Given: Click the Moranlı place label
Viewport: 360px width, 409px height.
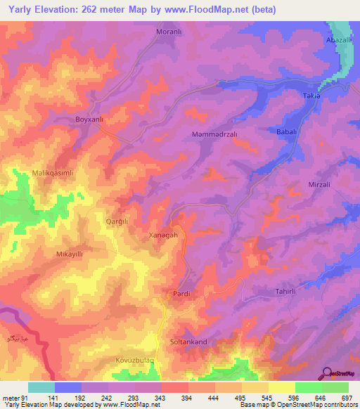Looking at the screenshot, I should pos(168,32).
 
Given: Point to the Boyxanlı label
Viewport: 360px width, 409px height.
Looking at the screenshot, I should pos(89,119).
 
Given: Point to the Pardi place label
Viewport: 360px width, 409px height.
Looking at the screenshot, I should pos(181,293).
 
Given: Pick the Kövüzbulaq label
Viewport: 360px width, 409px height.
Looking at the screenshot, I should pos(134,360).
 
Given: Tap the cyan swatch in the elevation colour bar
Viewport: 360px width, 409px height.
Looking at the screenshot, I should pos(41,387).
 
